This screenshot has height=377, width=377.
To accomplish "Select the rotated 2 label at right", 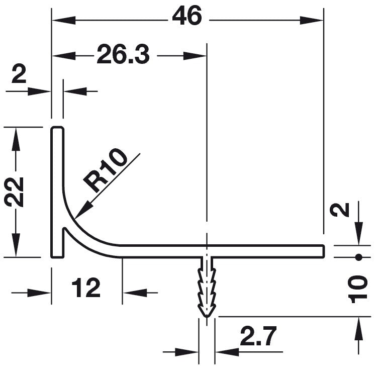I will coord(343,209).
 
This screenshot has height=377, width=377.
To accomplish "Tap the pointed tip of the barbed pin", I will coord(207,317).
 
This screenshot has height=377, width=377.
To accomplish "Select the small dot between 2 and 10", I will coord(358,257).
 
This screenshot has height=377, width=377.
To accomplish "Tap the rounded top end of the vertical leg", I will coord(57,129).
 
